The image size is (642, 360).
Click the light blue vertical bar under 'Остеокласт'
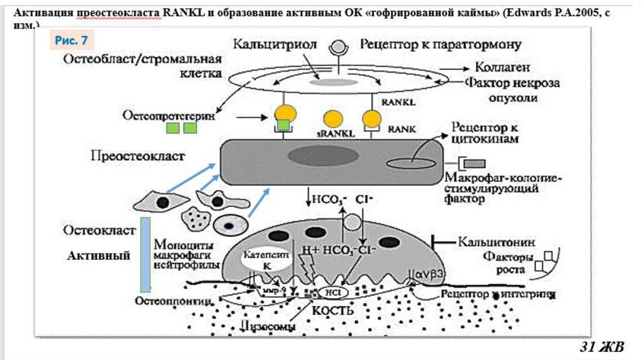pyautogui.click(x=145, y=253)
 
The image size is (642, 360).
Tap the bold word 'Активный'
pyautogui.click(x=98, y=255)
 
